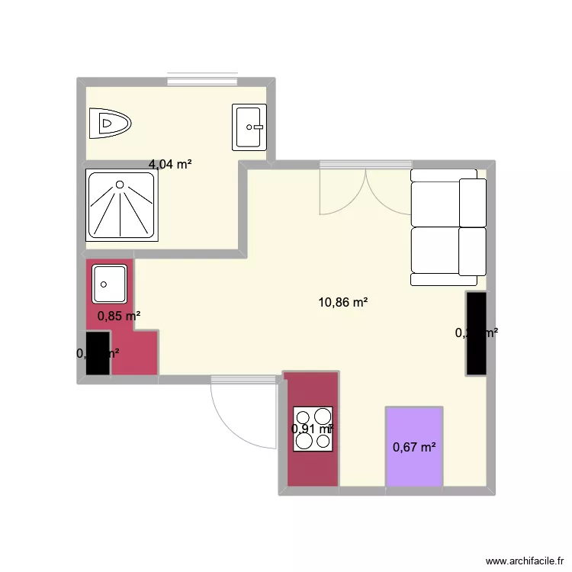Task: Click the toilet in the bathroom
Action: click(x=109, y=124)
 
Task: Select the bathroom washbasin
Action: click(x=249, y=127)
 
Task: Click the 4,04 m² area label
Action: click(x=170, y=163)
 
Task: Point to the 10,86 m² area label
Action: click(x=343, y=302)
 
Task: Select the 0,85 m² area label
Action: click(x=118, y=315)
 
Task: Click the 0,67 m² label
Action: click(x=414, y=447)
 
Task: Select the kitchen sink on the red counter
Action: click(x=110, y=284)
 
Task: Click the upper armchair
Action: click(x=448, y=201)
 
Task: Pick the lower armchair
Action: click(x=448, y=251)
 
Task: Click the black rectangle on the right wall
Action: click(x=476, y=333)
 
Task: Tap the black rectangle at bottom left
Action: click(x=98, y=353)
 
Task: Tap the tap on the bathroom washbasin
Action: click(x=257, y=127)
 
